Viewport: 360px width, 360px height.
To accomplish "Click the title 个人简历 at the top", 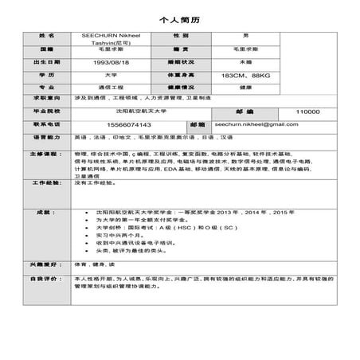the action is [x=180, y=18].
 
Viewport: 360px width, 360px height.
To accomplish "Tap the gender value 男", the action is [x=245, y=37].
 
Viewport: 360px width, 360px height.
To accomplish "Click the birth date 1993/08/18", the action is [x=112, y=62].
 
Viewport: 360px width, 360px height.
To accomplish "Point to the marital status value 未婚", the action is [x=245, y=62].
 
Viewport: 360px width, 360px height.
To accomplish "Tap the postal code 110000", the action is [x=307, y=112].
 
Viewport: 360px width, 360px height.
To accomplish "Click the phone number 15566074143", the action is [x=112, y=124].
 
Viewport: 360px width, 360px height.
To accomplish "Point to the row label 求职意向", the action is [x=47, y=99].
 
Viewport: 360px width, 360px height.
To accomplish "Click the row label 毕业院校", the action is [x=47, y=112].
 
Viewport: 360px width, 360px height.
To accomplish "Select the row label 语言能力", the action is [x=47, y=138].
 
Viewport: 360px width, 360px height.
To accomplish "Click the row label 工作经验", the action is [x=47, y=183].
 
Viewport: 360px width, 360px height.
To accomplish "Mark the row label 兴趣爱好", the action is [x=47, y=264].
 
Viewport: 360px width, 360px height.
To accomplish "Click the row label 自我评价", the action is [x=47, y=279].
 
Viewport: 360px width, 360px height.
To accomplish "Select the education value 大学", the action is [x=112, y=75].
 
